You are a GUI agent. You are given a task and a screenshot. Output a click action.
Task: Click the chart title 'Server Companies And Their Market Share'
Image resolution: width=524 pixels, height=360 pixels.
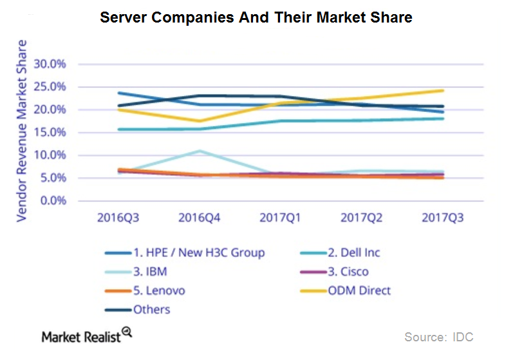click(x=256, y=17)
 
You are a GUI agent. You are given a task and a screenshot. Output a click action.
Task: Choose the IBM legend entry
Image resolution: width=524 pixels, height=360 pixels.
click(x=149, y=272)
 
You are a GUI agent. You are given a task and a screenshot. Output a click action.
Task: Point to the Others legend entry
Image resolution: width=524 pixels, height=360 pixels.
click(x=151, y=309)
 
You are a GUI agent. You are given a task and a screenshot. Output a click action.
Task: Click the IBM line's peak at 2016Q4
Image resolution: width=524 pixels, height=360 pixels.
click(x=200, y=151)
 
